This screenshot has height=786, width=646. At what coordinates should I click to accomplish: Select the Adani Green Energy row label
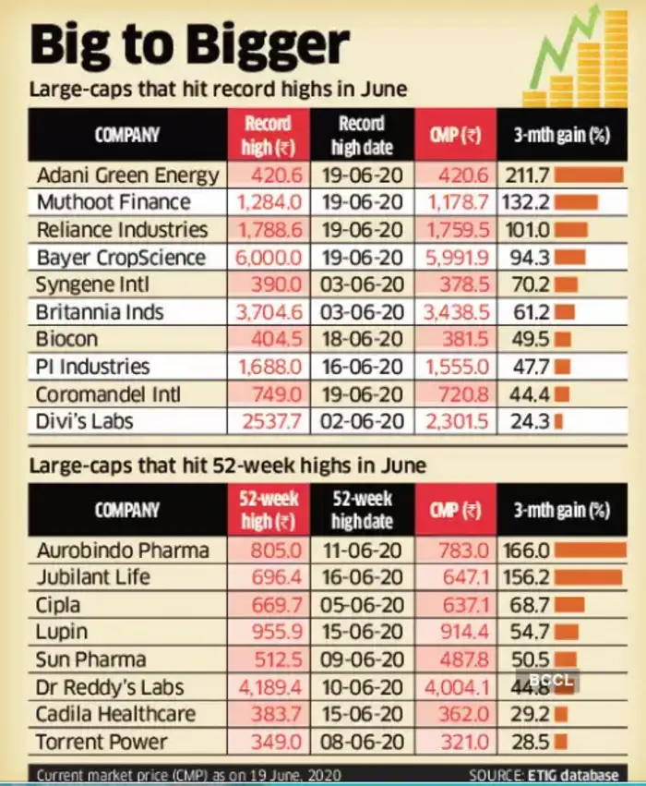(128, 175)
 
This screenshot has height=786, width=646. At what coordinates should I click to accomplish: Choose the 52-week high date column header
(362, 510)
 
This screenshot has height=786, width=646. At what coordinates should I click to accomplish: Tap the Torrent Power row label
(102, 742)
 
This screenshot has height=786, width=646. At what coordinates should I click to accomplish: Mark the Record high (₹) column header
(268, 135)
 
